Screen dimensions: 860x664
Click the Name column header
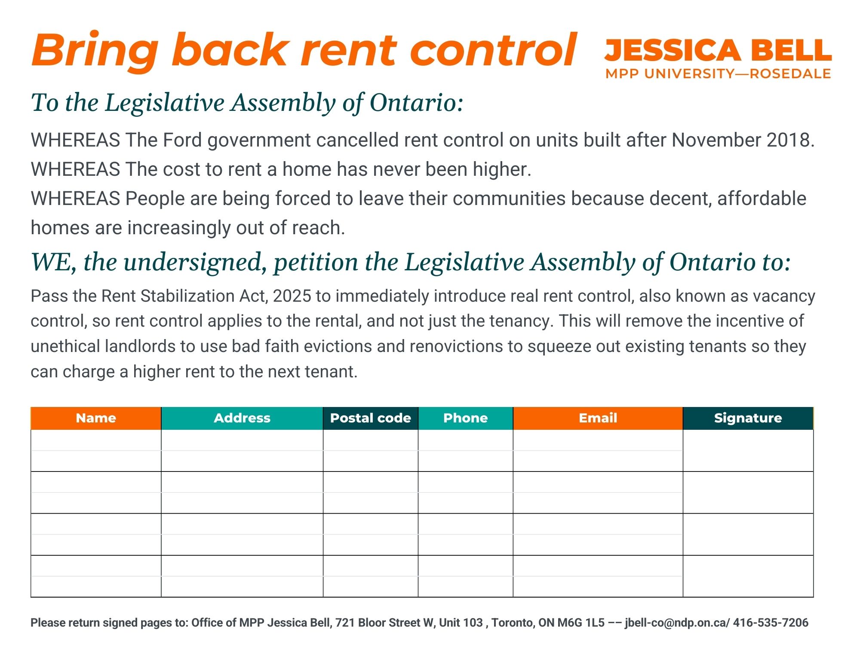tap(96, 418)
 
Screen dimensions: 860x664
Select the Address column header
tap(242, 418)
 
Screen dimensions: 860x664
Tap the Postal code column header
tap(371, 418)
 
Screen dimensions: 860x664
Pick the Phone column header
tap(466, 418)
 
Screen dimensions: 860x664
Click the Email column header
tap(598, 418)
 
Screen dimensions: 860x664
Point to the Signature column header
tap(748, 418)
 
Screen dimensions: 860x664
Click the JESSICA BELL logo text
tap(718, 50)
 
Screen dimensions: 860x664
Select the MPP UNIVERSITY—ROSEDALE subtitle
tap(718, 73)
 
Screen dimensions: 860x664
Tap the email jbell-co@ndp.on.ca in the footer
tap(675, 623)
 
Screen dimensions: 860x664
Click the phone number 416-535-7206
tap(771, 623)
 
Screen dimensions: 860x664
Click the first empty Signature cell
tap(748, 450)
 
